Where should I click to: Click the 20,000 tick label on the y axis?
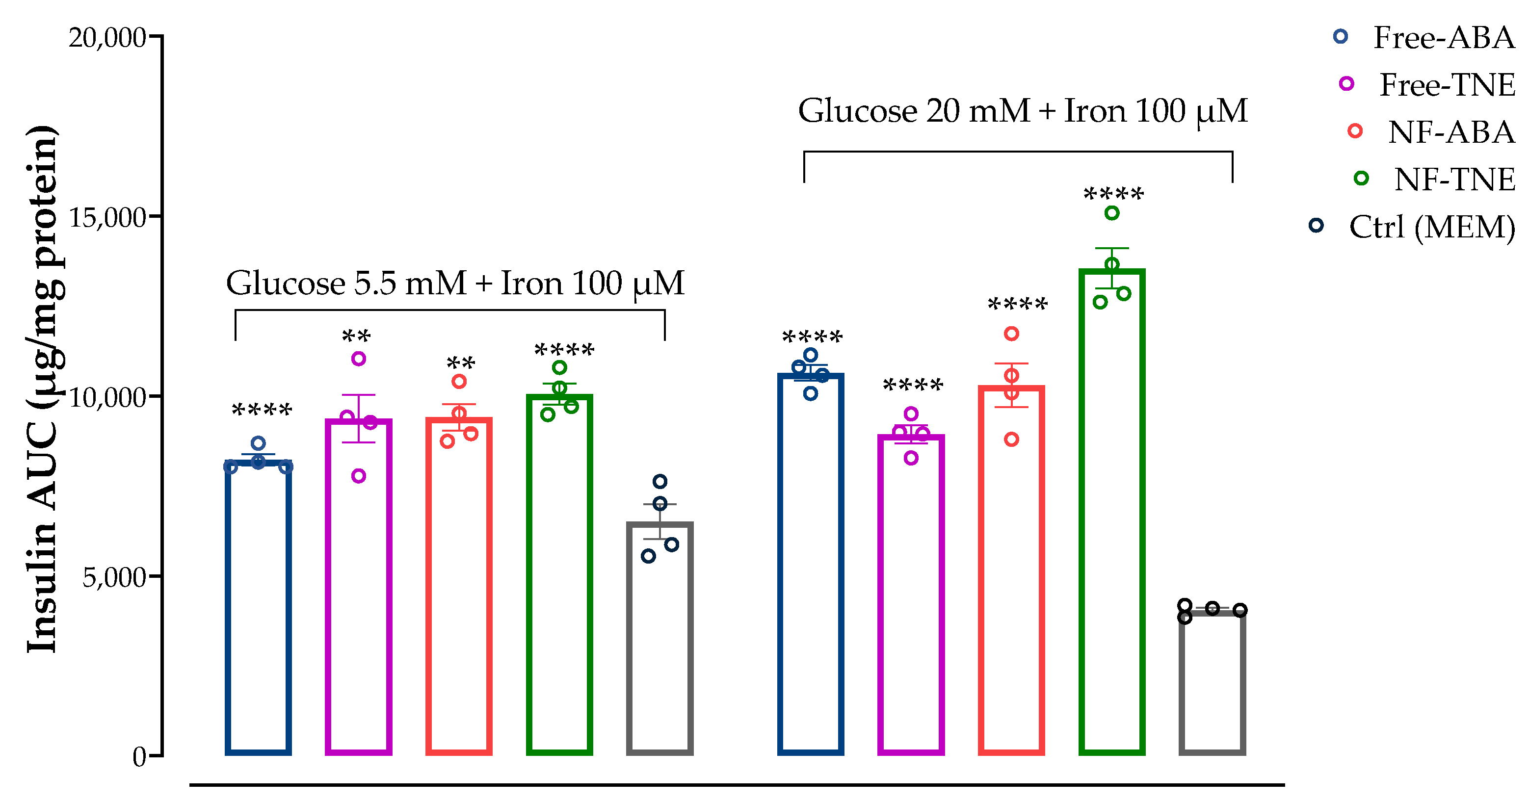107,38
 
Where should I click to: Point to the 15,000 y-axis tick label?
107,218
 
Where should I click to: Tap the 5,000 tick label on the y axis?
114,577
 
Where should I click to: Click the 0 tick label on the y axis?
139,757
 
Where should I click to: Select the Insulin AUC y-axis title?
43,388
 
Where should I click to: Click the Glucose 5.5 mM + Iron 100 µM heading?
455,283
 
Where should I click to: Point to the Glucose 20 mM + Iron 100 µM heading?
1022,111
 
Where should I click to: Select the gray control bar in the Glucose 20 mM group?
1212,682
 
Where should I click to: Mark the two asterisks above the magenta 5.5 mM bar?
356,337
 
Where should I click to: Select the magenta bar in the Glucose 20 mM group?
911,594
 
